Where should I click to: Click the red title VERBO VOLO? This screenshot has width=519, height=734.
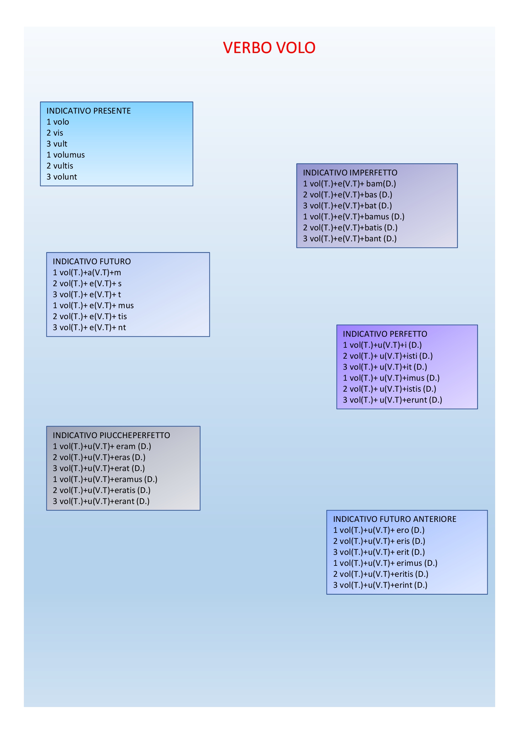pyautogui.click(x=269, y=48)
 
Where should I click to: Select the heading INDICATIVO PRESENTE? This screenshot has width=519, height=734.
pyautogui.click(x=89, y=111)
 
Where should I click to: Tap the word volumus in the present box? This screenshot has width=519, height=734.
pyautogui.click(x=69, y=155)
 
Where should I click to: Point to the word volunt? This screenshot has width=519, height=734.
pyautogui.click(x=65, y=177)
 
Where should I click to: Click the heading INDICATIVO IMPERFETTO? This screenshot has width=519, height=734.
pyautogui.click(x=350, y=173)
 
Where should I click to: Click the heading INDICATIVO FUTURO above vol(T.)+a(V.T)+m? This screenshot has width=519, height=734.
pyautogui.click(x=91, y=261)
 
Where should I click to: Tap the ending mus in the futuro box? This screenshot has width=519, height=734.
pyautogui.click(x=126, y=305)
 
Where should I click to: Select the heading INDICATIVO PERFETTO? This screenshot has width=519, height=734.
pyautogui.click(x=385, y=334)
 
